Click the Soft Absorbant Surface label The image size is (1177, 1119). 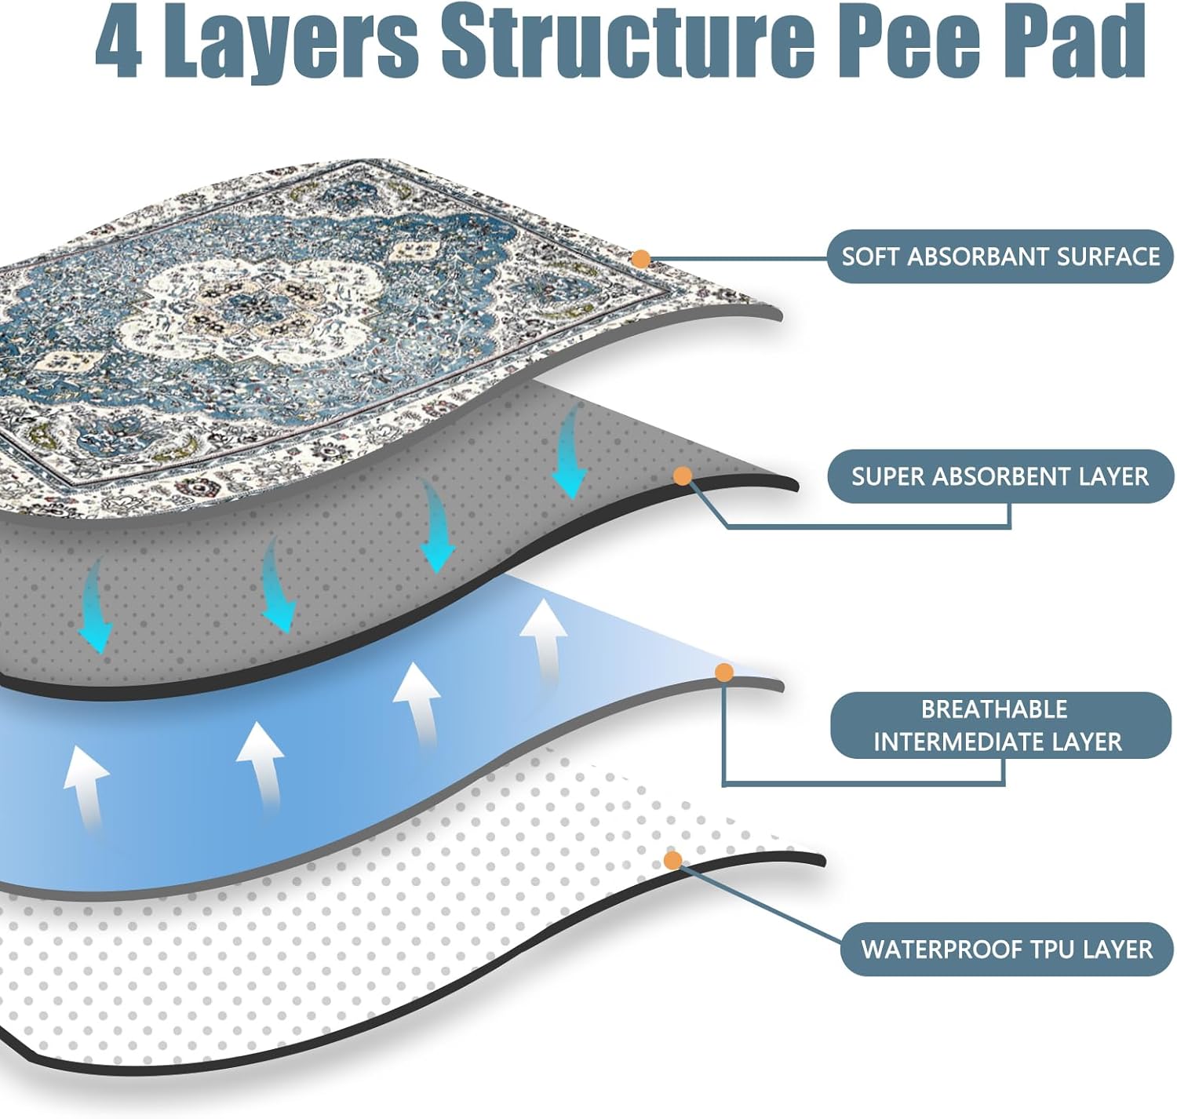click(x=1000, y=257)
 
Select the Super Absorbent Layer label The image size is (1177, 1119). click(x=1000, y=476)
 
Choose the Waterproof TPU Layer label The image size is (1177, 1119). click(x=1006, y=950)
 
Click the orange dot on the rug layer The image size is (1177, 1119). click(x=641, y=258)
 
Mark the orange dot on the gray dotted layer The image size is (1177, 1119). click(x=683, y=476)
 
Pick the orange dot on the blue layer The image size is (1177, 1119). click(x=724, y=672)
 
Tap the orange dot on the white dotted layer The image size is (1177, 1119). click(x=672, y=860)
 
